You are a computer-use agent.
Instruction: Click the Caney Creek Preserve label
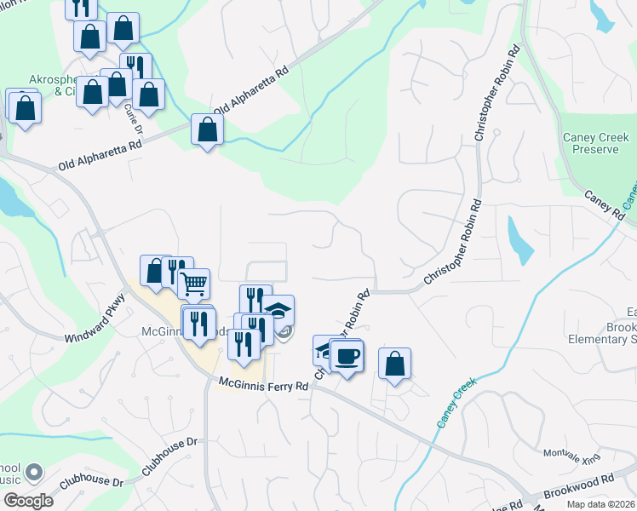tap(595, 143)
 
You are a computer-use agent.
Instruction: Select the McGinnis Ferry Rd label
tap(263, 386)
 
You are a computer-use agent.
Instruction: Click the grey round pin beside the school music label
tap(34, 471)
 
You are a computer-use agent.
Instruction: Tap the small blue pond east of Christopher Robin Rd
tap(519, 240)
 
